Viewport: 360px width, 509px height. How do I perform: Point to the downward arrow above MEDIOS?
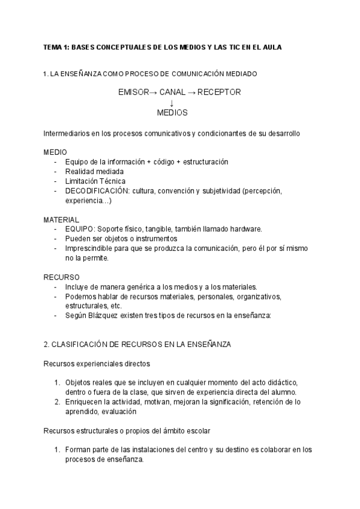point(172,103)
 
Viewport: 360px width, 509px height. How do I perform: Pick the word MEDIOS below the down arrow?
point(172,112)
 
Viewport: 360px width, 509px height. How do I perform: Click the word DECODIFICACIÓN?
point(95,191)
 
